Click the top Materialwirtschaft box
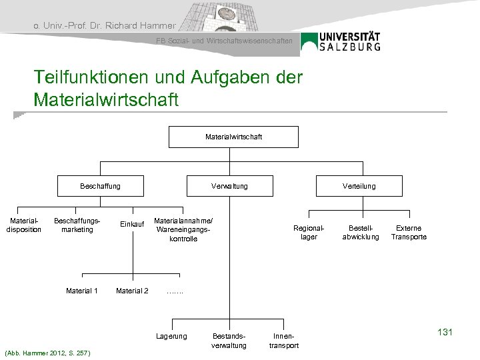pos(233,137)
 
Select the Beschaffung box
pos(100,186)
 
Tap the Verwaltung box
pos(229,186)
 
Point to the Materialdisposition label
pos(24,225)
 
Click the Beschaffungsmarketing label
pos(77,225)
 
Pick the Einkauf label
pos(132,225)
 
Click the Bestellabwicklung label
pos(360,232)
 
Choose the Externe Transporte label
pos(409,232)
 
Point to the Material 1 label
pos(82,290)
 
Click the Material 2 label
pos(132,290)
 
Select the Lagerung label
pos(171,335)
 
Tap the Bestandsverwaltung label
pos(229,340)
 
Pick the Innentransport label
pos(283,340)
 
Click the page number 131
pos(443,332)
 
